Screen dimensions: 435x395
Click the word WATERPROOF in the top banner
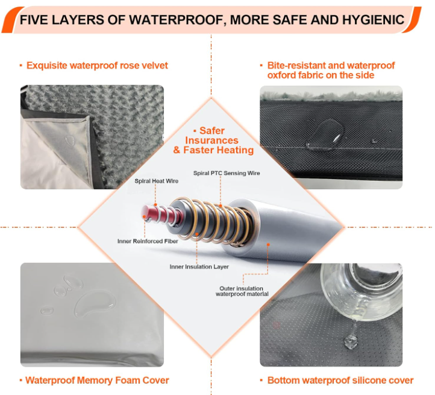coord(177,20)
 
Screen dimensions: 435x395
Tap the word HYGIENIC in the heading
coord(373,20)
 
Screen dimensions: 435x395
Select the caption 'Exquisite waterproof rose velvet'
coord(97,66)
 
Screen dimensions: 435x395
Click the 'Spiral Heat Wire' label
coord(157,181)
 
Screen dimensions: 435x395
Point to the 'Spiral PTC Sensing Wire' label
coord(227,173)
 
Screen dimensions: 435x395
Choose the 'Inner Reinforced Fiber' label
coord(148,241)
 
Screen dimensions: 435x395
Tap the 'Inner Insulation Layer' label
coord(199,267)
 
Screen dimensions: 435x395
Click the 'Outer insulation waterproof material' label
coord(242,291)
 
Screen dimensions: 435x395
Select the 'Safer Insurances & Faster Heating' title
coord(213,141)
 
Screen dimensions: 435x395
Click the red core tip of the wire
coord(148,213)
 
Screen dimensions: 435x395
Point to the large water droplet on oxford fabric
coord(330,131)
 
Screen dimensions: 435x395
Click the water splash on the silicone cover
coord(350,341)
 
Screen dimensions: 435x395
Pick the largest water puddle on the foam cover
coord(95,303)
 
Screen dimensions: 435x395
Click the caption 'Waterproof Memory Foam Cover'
coord(97,381)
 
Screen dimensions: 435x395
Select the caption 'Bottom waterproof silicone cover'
coord(340,381)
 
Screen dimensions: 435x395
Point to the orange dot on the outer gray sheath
coord(268,244)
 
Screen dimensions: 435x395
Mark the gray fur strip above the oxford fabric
coord(331,95)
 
